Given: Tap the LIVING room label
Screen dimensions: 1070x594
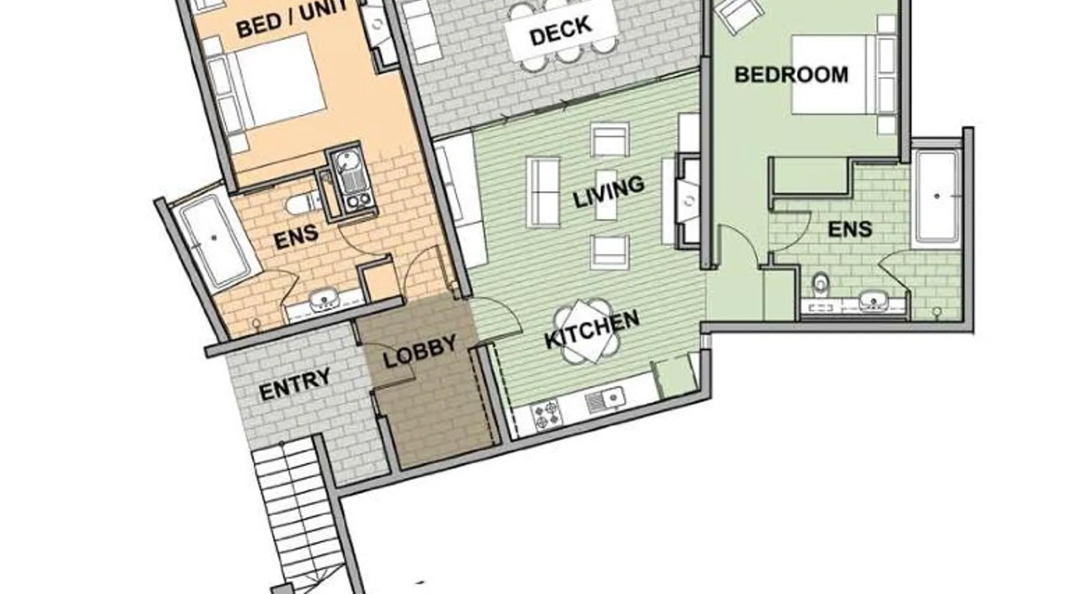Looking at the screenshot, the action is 609,192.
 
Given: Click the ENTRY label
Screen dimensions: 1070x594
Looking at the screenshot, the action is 295,385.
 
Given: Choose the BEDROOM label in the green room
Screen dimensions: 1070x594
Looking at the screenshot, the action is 791,75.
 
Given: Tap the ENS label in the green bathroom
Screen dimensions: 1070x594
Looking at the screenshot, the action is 850,229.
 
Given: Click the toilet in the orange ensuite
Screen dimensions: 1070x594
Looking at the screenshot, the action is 300,204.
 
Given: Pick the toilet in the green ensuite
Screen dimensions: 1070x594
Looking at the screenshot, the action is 821,284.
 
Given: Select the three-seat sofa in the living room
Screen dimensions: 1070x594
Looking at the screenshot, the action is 542,192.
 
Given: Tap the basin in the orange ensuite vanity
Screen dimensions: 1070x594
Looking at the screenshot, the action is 323,299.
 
